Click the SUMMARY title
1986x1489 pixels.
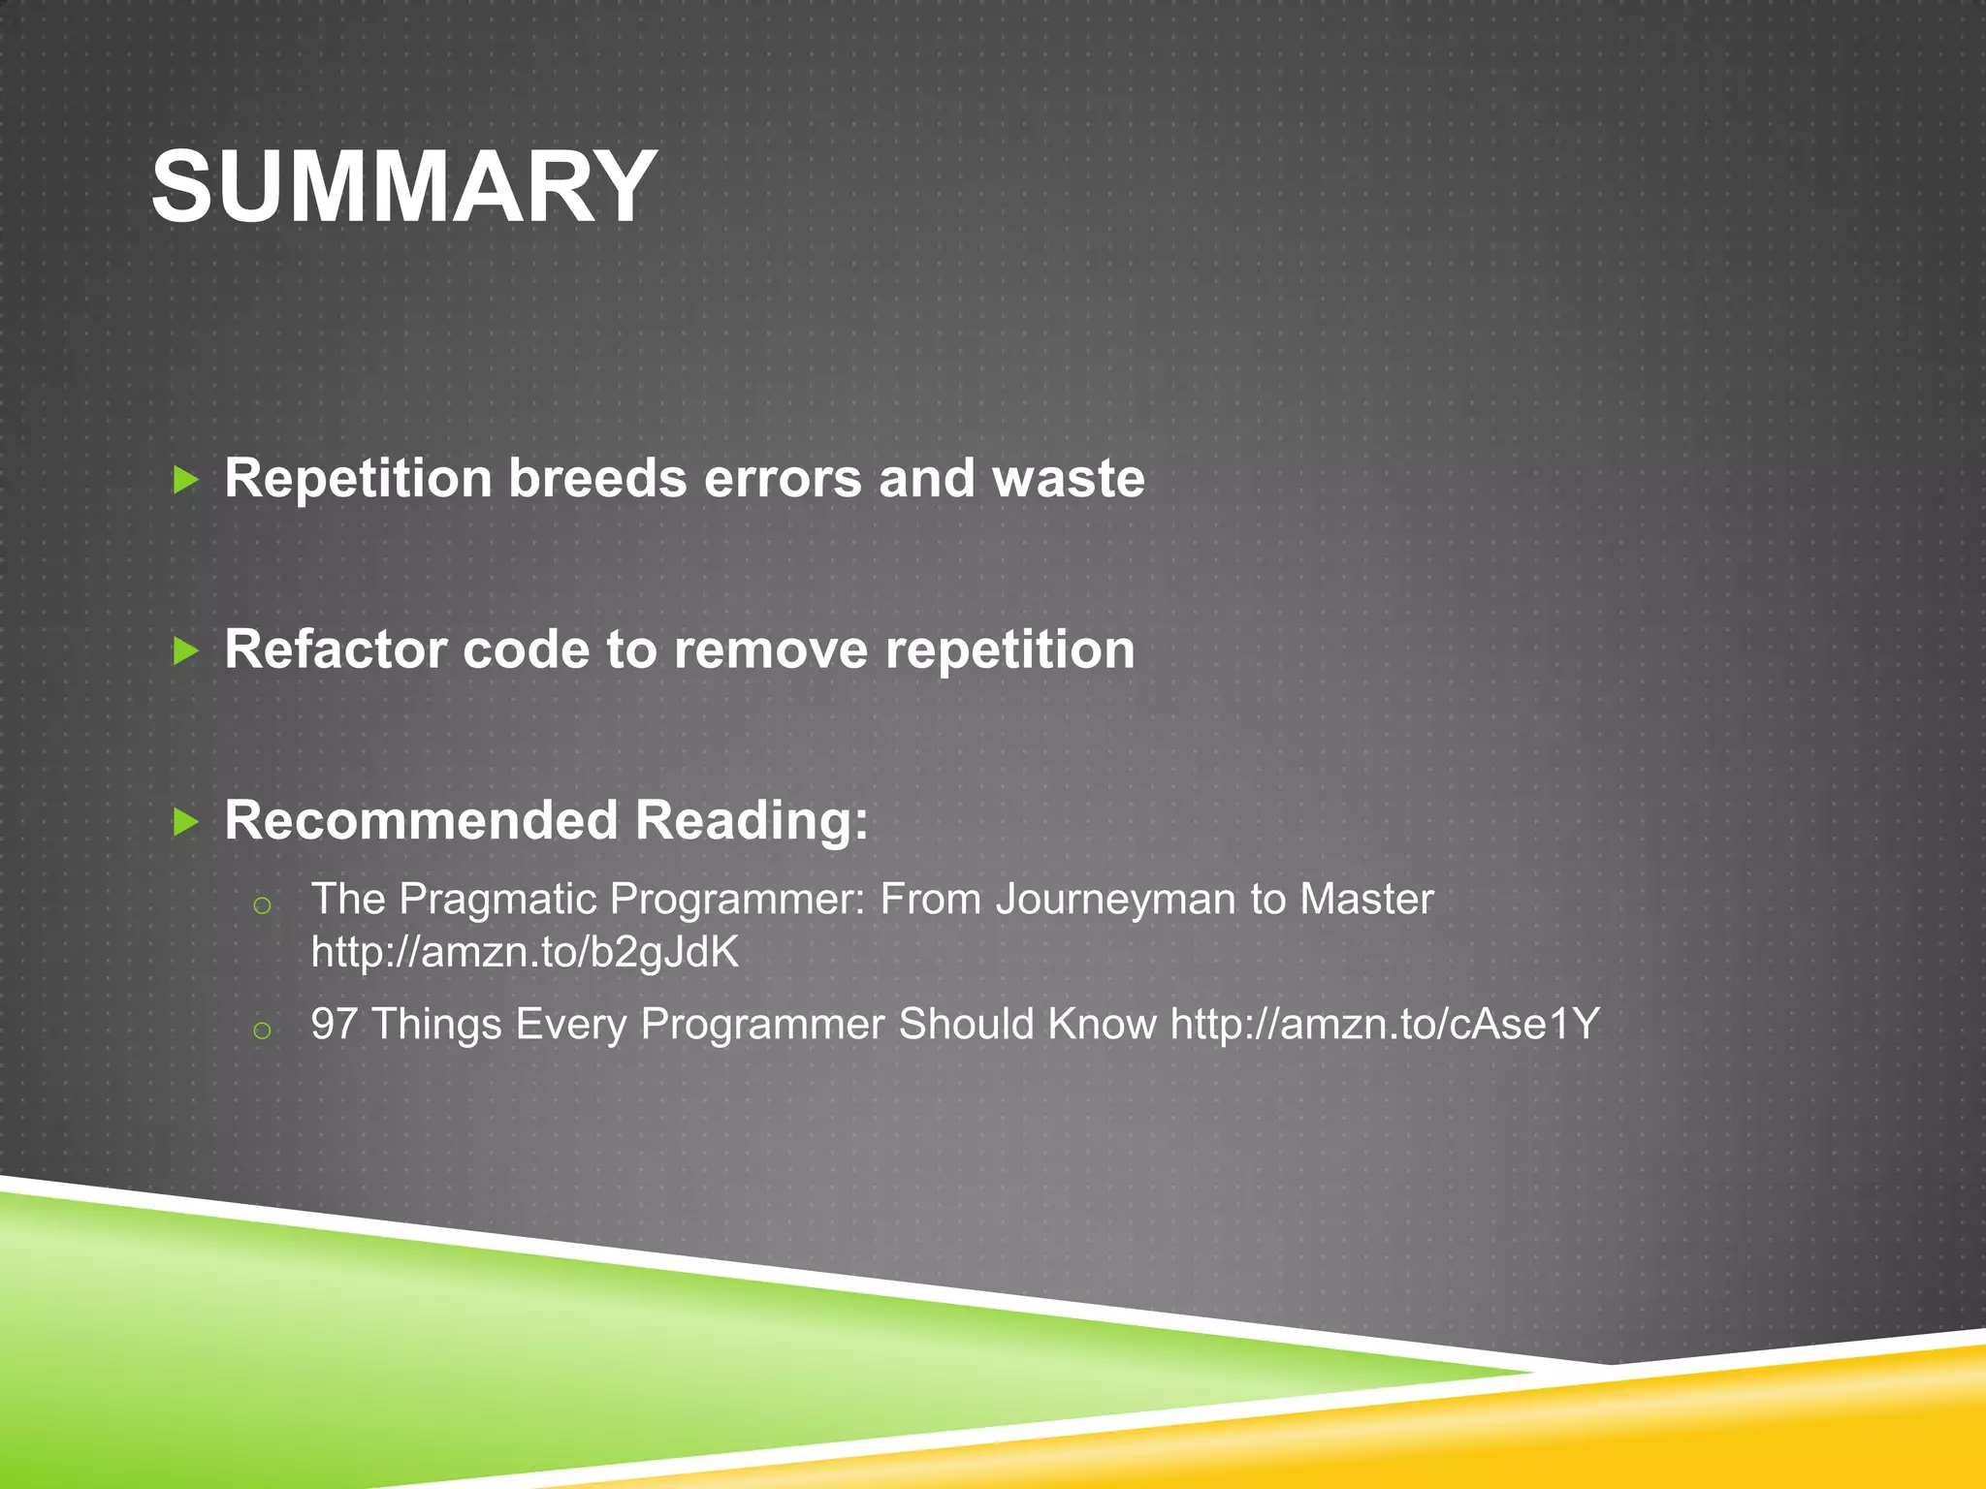(403, 186)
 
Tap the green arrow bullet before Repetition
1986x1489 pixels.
(185, 479)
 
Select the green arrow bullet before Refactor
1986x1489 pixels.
(185, 650)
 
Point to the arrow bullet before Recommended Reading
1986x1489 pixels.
(185, 822)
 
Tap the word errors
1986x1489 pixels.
(782, 478)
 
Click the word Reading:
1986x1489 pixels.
(752, 821)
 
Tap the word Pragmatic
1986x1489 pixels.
(496, 900)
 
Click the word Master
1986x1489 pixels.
(1365, 899)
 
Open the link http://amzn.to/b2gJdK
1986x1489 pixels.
(525, 953)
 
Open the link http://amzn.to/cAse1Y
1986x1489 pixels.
(1385, 1024)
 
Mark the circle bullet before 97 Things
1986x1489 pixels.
(261, 1030)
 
